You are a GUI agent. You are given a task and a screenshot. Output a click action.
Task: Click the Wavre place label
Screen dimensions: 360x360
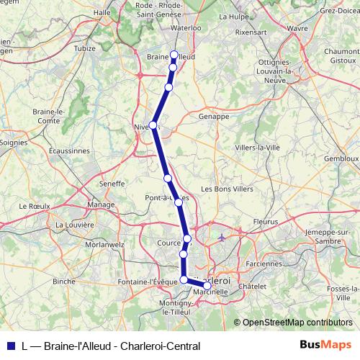297,28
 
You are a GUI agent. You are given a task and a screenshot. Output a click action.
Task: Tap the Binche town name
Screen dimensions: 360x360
64,281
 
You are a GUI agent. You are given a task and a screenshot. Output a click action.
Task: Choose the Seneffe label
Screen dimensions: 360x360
112,184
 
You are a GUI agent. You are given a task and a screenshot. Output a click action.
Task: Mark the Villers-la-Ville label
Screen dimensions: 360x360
257,147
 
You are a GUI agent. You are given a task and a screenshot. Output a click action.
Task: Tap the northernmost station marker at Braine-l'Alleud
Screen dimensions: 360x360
174,54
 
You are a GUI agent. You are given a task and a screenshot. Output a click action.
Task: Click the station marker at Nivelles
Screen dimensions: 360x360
153,125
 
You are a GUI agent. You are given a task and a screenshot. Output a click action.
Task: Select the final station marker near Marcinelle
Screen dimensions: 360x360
207,286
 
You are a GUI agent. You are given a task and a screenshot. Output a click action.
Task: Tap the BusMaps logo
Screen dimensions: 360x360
325,346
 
